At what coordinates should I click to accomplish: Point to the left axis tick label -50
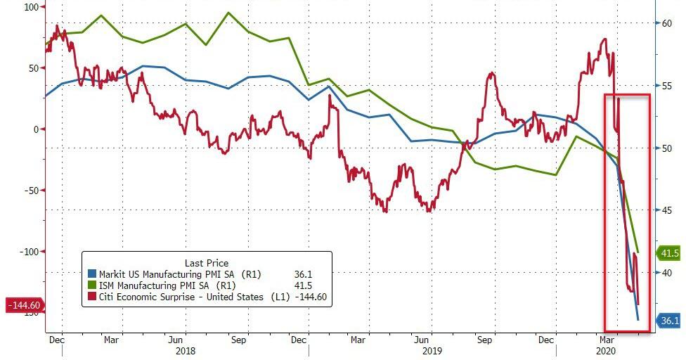[x=29, y=191]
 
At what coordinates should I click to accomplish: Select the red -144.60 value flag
[x=24, y=305]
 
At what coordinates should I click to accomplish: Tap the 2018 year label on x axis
[x=186, y=349]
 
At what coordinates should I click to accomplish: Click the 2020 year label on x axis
[x=606, y=349]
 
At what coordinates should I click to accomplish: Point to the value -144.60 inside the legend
[x=309, y=297]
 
